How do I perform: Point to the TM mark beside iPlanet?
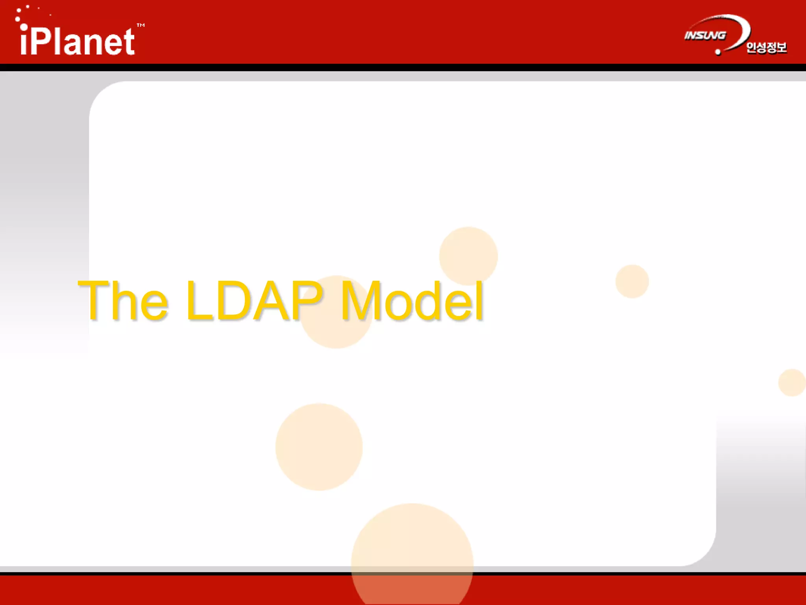140,25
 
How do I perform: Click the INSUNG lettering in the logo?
705,35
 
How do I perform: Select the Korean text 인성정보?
766,47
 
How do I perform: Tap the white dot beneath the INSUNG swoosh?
718,52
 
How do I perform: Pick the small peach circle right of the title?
632,281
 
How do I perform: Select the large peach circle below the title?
319,447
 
